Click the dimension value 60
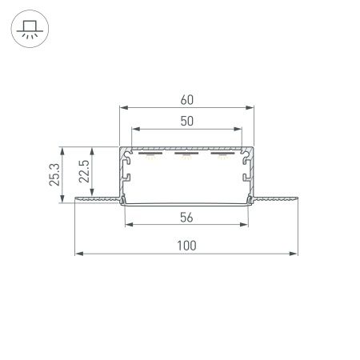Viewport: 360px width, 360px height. pyautogui.click(x=186, y=101)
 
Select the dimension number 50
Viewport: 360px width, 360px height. pyautogui.click(x=186, y=120)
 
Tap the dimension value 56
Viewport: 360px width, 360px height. pyautogui.click(x=186, y=217)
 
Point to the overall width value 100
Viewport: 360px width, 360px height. pyautogui.click(x=186, y=246)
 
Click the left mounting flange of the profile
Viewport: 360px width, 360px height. pyautogui.click(x=96, y=198)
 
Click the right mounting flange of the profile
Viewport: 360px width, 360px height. pyautogui.click(x=276, y=198)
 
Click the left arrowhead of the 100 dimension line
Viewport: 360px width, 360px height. pyautogui.click(x=78, y=255)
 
